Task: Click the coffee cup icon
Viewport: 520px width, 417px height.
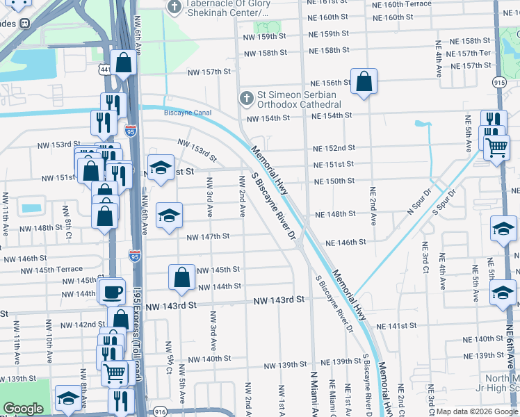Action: click(x=111, y=292)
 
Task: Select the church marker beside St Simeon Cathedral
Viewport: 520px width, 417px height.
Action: click(x=245, y=99)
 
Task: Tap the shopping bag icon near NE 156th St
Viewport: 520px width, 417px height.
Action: click(x=364, y=81)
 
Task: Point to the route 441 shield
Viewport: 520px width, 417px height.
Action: click(x=105, y=70)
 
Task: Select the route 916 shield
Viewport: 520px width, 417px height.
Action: click(x=161, y=411)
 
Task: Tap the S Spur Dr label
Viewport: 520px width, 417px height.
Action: click(x=444, y=202)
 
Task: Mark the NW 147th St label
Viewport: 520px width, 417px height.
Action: click(x=208, y=236)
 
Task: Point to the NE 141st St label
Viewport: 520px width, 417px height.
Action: click(x=396, y=325)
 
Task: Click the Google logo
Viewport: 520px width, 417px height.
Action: click(x=23, y=409)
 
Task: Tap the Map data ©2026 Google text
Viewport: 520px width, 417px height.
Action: click(x=476, y=411)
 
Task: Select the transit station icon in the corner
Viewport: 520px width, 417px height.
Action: click(x=24, y=23)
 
